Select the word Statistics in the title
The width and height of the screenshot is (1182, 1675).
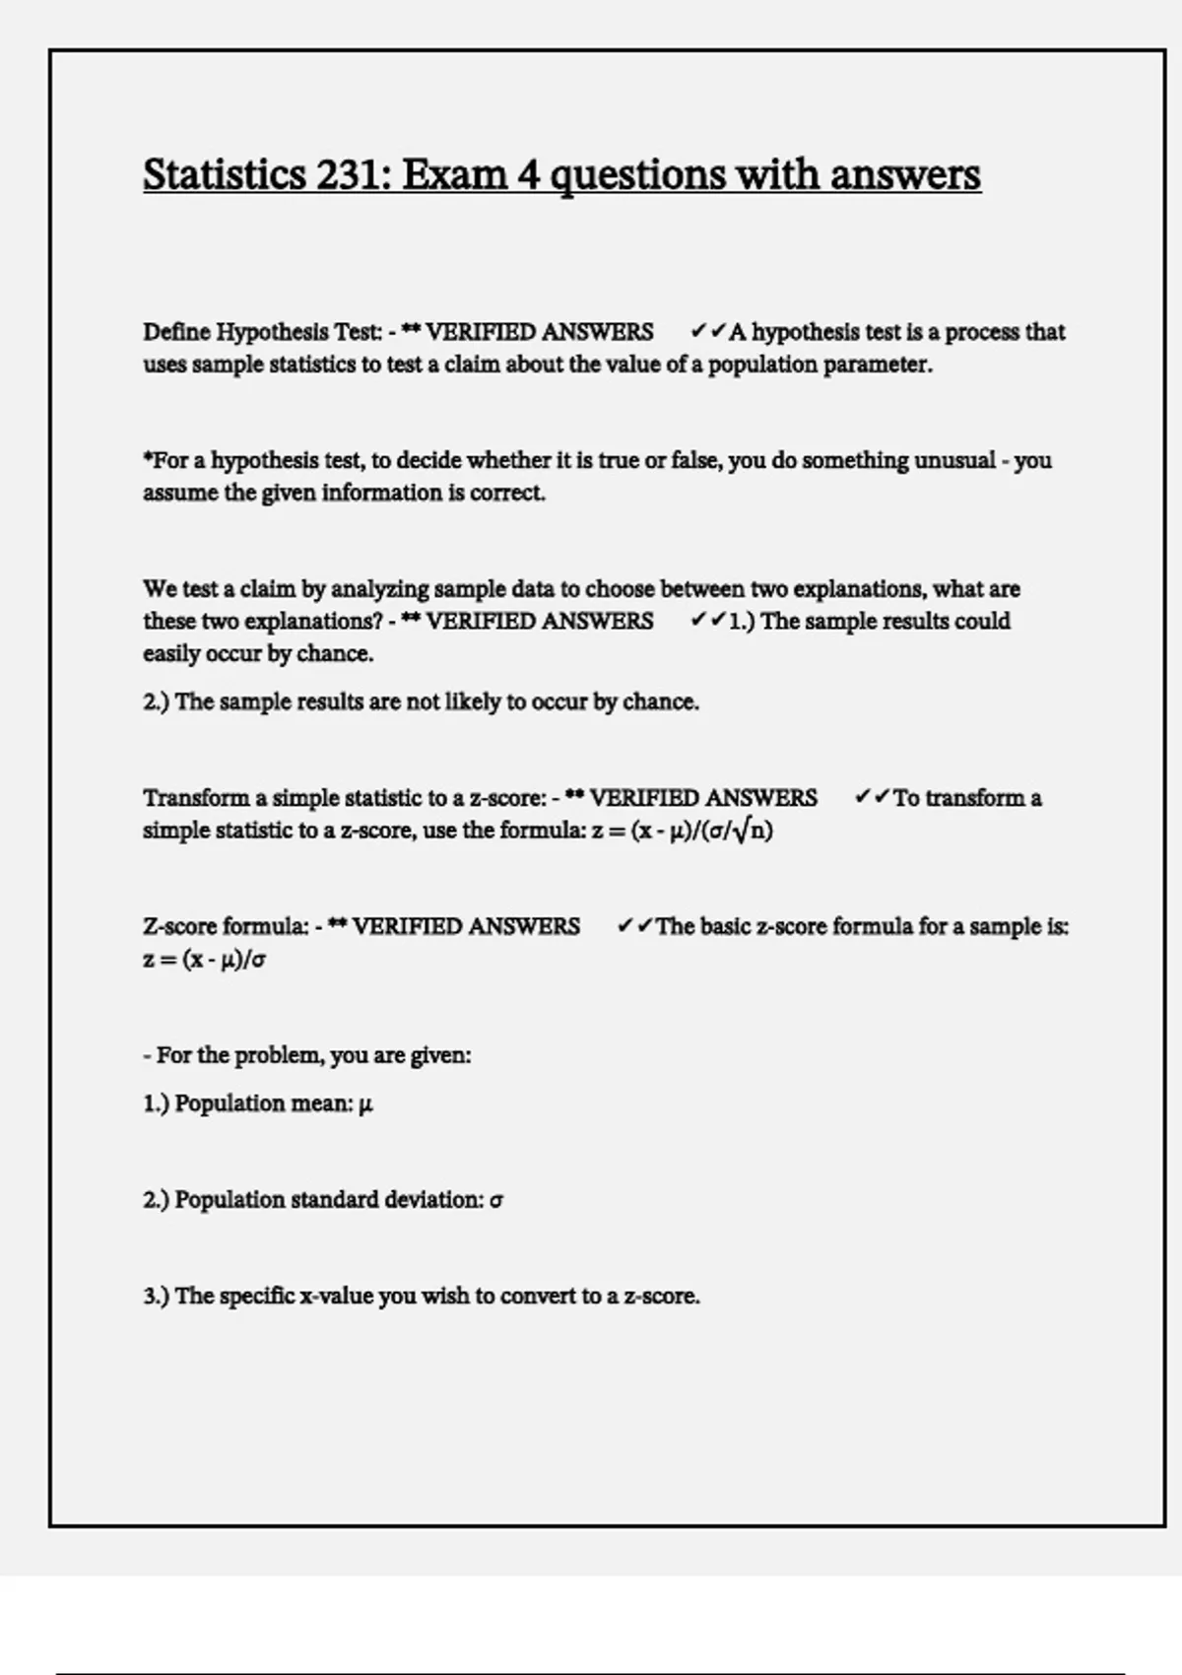point(225,175)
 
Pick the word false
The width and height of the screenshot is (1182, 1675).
point(695,460)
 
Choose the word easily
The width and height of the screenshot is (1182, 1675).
point(171,653)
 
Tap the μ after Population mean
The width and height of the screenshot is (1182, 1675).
point(366,1104)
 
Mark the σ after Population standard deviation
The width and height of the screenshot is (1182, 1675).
point(496,1200)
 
